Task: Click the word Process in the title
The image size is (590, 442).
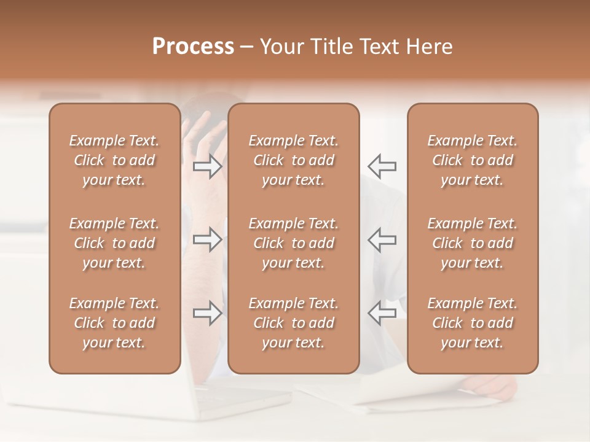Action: click(x=193, y=47)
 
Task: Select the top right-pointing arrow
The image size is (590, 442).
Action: click(x=208, y=166)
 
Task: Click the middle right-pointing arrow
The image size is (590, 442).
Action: click(x=208, y=239)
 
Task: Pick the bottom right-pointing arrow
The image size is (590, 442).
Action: click(x=208, y=313)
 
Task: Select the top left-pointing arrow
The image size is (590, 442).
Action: click(x=382, y=166)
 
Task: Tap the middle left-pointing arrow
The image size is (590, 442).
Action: click(x=382, y=239)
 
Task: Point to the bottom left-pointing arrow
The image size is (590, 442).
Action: click(x=382, y=313)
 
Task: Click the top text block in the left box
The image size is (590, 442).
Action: click(x=114, y=160)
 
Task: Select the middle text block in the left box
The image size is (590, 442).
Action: click(x=114, y=243)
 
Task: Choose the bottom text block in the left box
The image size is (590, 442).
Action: click(x=114, y=323)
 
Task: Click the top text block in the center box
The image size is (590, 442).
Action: click(x=293, y=160)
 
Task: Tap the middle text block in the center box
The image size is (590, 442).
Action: click(x=293, y=243)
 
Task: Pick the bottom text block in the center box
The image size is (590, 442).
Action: click(x=293, y=323)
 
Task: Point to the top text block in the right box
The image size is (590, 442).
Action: click(x=472, y=160)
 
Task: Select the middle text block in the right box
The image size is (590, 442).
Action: click(x=472, y=243)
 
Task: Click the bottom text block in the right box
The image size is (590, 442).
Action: click(x=472, y=323)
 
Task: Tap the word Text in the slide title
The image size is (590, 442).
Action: click(x=379, y=47)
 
